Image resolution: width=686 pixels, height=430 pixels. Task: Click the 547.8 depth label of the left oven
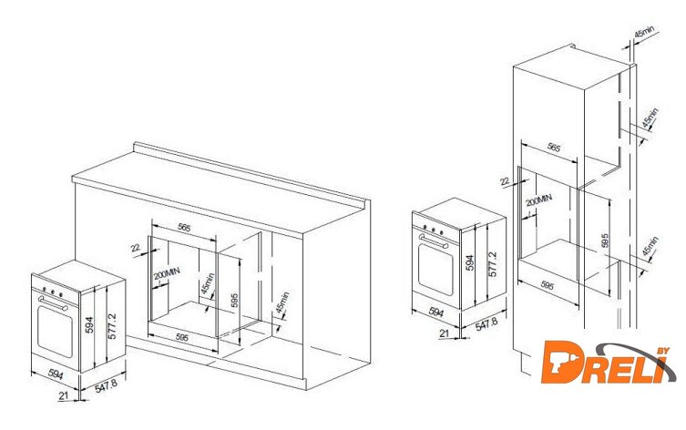107,386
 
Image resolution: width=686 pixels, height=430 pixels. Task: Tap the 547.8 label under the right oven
486,324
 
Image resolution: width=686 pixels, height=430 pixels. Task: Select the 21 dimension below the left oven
64,395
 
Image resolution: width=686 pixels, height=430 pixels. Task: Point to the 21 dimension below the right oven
444,333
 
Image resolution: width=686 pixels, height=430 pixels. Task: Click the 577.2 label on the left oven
112,326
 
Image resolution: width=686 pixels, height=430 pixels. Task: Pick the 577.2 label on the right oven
493,264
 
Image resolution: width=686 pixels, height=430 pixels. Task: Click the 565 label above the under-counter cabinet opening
184,228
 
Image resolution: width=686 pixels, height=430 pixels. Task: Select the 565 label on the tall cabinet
554,148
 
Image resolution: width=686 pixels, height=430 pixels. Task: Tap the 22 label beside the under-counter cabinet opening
136,248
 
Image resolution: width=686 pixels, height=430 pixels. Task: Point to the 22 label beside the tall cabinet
505,181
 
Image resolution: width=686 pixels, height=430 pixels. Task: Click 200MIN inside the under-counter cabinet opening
167,274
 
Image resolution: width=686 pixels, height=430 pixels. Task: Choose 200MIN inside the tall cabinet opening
539,200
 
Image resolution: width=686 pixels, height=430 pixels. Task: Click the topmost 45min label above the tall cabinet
644,33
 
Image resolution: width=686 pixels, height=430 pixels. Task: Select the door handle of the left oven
53,302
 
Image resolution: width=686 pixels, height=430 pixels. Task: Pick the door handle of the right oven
434,241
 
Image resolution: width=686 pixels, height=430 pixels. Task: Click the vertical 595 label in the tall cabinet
605,241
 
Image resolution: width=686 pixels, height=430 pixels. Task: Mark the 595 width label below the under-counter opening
181,338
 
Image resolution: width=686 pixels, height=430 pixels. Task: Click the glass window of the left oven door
56,331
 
